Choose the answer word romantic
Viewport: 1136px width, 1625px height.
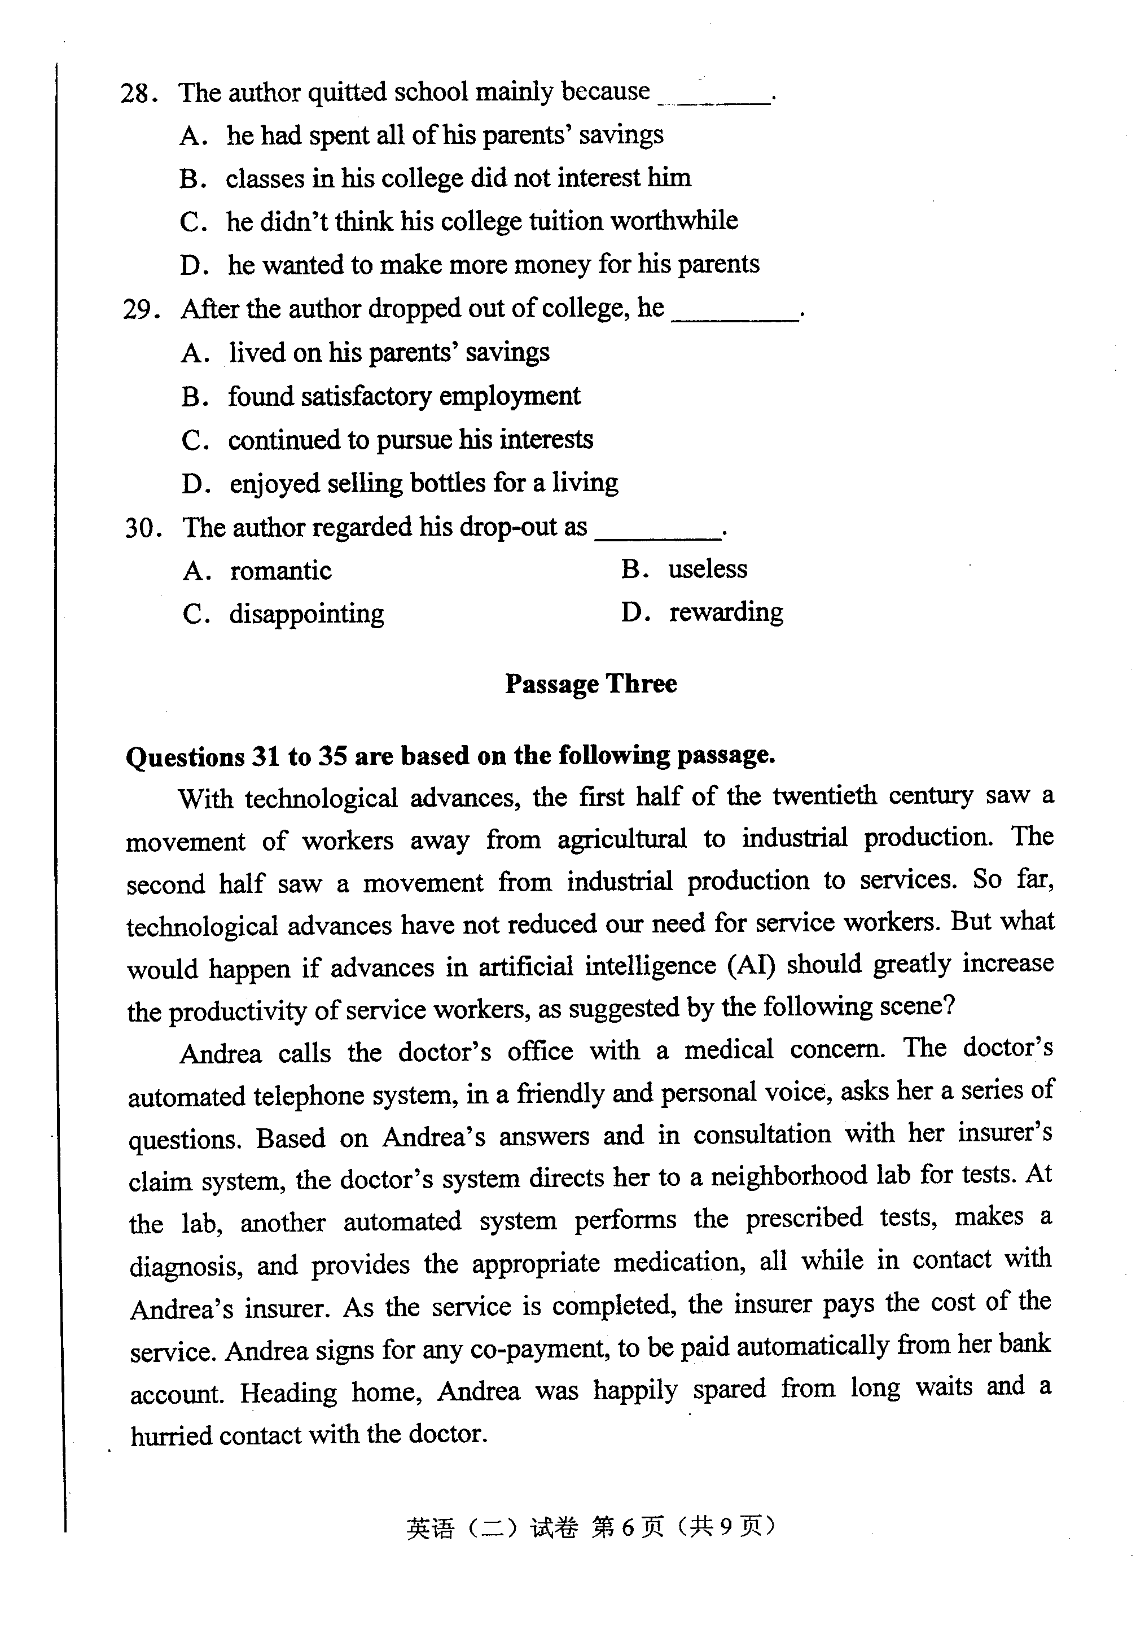point(280,571)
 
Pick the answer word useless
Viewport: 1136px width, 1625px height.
point(707,569)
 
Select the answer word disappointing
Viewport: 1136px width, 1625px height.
point(306,614)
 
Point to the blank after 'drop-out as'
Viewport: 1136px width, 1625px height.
point(657,536)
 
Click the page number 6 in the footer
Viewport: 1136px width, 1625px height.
point(628,1527)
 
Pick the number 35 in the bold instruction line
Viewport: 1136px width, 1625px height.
point(332,756)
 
